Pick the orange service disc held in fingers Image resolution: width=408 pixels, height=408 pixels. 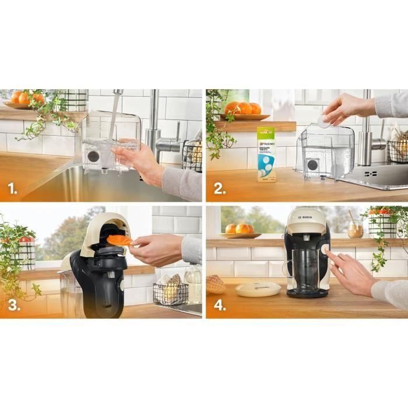click(119, 240)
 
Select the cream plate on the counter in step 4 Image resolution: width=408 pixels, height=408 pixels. click(258, 289)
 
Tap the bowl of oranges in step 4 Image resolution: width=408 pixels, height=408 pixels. click(240, 230)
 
